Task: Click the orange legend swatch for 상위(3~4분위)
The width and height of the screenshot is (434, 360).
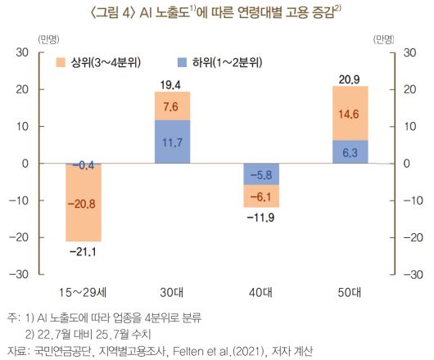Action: (61, 62)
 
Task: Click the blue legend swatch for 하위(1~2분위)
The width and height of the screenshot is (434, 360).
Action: (181, 62)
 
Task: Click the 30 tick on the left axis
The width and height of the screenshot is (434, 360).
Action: (22, 53)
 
